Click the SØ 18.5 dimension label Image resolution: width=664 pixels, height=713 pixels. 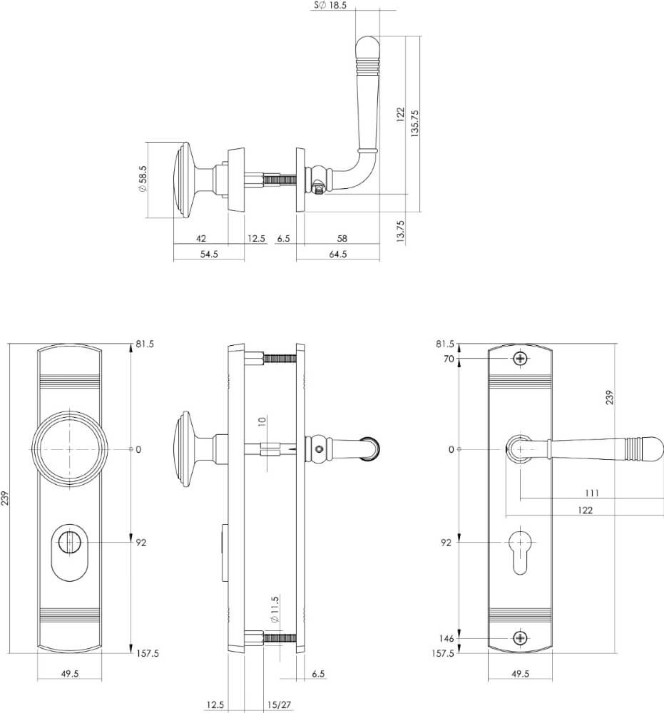click(x=330, y=5)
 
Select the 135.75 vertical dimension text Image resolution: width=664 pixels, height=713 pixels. click(x=415, y=123)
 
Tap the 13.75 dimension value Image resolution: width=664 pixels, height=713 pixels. click(x=400, y=232)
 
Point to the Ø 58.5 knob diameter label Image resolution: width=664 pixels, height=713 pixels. click(x=143, y=180)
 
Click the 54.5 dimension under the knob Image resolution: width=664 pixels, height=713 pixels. click(x=209, y=254)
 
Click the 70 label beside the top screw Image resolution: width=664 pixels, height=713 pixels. click(x=449, y=359)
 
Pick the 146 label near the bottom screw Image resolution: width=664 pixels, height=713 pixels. click(x=447, y=638)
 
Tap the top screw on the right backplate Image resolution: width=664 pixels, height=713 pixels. click(x=521, y=359)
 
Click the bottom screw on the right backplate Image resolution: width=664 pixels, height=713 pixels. click(x=521, y=638)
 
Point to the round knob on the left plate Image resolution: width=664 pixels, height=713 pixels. click(x=69, y=449)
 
